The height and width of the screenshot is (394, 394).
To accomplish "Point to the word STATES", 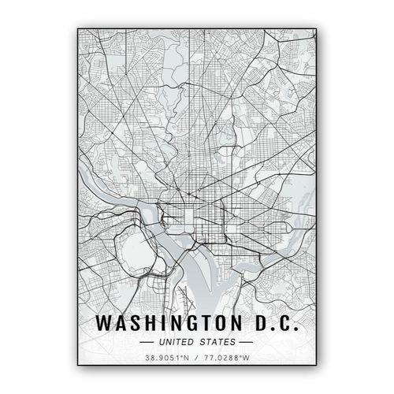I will pos(218,342).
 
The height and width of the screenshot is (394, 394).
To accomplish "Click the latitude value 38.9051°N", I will pos(167,359).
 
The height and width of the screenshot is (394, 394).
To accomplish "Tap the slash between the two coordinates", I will pos(197,359).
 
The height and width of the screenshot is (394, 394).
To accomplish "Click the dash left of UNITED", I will pos(147,342).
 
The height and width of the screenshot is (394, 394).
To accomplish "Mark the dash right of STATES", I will pos(247,342).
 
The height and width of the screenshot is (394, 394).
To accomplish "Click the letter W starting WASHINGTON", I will pos(102,323).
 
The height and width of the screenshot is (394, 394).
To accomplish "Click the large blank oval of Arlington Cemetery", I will pos(131,251).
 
